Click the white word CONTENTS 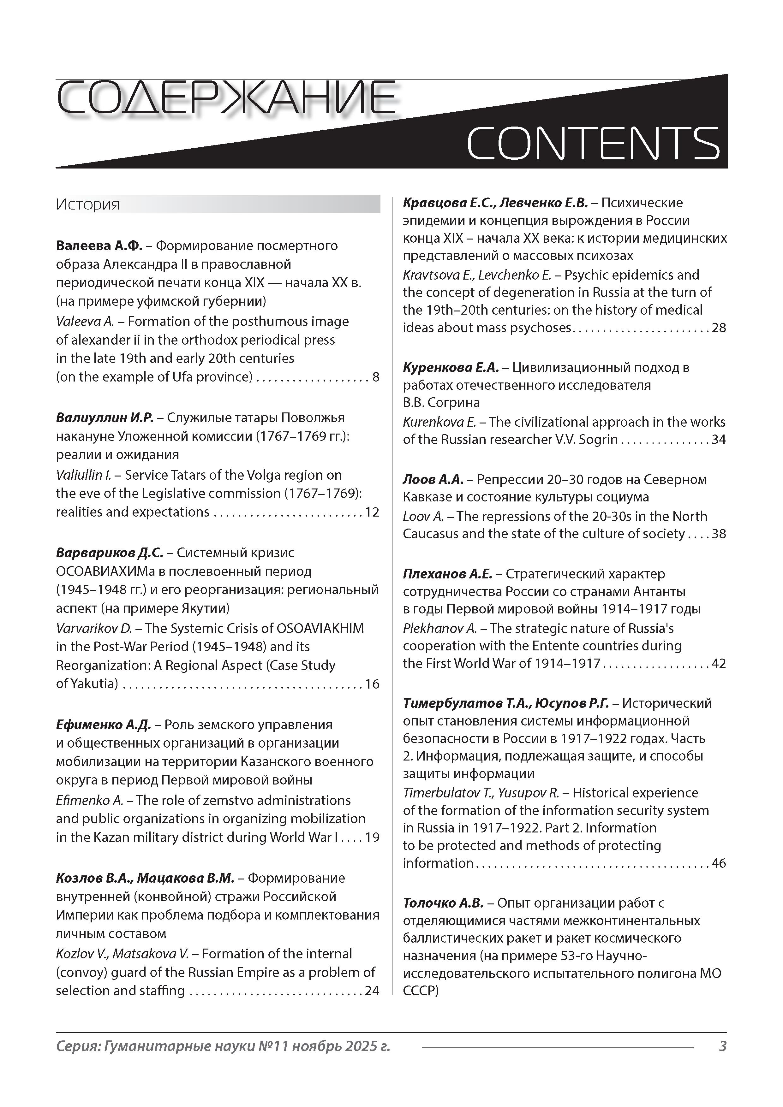593,143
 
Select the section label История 87,204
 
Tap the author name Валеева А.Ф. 99,246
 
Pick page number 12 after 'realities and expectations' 372,512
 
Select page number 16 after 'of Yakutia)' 372,684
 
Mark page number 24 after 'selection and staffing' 372,991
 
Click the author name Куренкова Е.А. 451,368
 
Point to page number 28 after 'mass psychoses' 719,328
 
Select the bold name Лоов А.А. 433,480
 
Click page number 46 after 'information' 719,863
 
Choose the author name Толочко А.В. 443,903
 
